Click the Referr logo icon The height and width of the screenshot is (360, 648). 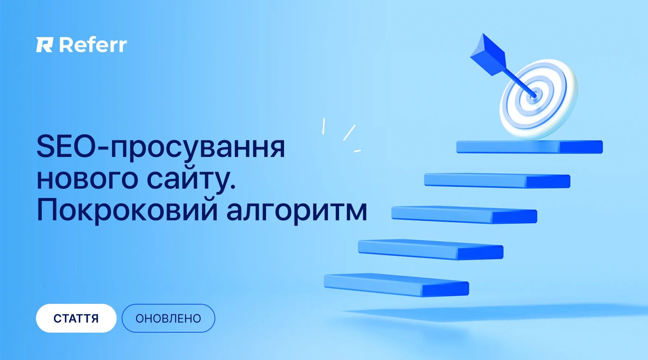[45, 45]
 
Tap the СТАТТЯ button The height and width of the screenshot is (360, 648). [76, 318]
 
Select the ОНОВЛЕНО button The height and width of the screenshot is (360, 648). [168, 318]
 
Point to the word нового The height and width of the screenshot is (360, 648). [87, 179]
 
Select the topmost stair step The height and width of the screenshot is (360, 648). [530, 147]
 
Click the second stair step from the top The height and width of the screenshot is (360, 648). [497, 180]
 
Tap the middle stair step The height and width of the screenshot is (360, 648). [464, 215]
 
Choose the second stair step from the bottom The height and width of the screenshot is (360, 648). [431, 249]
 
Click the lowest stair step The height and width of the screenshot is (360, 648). [396, 285]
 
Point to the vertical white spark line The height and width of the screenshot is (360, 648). [324, 126]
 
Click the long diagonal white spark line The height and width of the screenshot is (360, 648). [349, 132]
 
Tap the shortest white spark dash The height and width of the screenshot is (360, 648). [357, 151]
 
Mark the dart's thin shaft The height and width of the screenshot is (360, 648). [519, 82]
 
